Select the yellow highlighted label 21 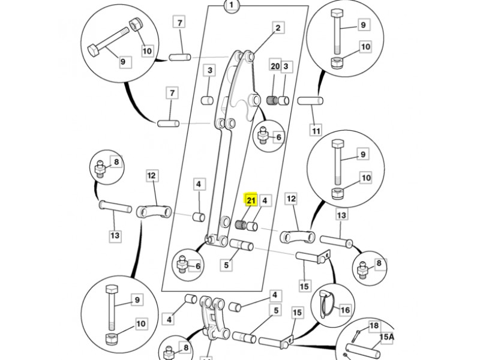[x=251, y=200]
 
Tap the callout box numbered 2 [x=277, y=28]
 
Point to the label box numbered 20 [x=275, y=65]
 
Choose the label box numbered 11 [x=316, y=130]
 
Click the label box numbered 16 [x=345, y=310]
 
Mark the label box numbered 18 [x=374, y=326]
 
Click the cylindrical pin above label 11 [x=310, y=100]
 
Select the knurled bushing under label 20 [x=273, y=100]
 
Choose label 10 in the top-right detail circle [x=365, y=47]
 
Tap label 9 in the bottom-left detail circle [x=136, y=300]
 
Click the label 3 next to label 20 [x=287, y=65]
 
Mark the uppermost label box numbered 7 [x=179, y=22]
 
